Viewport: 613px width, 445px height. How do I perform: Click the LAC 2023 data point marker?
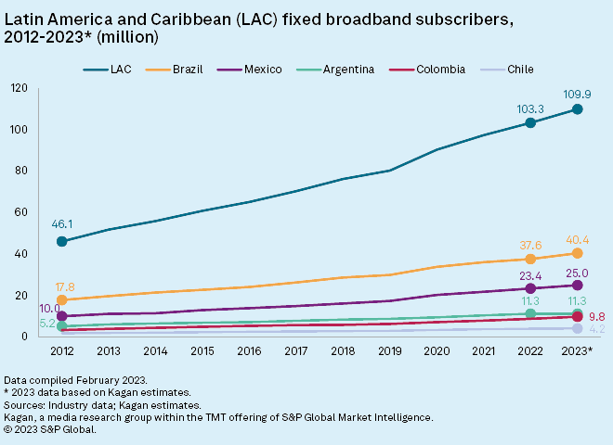(577, 109)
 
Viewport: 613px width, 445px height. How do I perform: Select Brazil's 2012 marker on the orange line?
(62, 299)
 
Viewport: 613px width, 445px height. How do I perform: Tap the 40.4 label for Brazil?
(578, 238)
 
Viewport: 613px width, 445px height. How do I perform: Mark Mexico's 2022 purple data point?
(530, 288)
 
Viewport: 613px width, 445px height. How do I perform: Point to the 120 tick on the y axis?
(20, 88)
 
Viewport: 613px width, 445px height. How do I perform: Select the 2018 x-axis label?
(343, 350)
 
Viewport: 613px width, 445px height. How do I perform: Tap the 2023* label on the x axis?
(577, 350)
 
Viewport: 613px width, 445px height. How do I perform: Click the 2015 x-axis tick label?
(202, 350)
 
